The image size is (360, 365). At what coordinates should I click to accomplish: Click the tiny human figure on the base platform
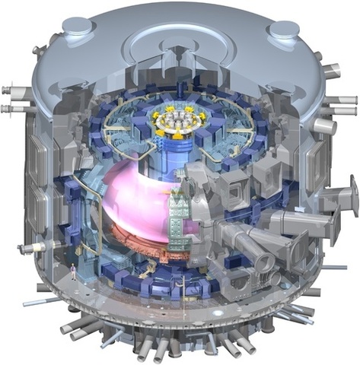tap(73, 270)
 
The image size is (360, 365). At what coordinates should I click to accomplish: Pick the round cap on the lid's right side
tap(284, 30)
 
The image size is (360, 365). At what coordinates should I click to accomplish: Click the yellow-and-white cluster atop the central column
tap(180, 121)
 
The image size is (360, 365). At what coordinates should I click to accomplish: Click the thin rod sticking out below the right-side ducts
tap(335, 267)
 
